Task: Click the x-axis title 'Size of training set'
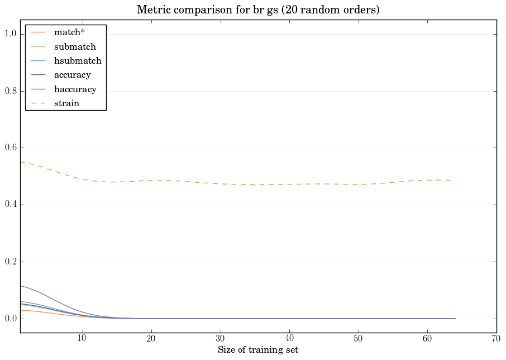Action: click(x=257, y=350)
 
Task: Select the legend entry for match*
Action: click(x=69, y=32)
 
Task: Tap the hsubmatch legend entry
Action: click(x=78, y=61)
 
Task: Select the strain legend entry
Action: click(x=66, y=103)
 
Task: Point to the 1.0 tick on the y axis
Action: click(x=11, y=34)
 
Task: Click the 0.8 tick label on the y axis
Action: click(x=11, y=91)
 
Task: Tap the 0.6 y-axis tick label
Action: click(x=11, y=148)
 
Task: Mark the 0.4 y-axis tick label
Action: click(x=11, y=205)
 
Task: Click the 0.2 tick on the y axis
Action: click(x=11, y=262)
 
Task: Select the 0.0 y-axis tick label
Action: click(x=11, y=319)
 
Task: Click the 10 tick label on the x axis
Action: click(x=82, y=339)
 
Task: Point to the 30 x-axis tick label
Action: click(x=220, y=339)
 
